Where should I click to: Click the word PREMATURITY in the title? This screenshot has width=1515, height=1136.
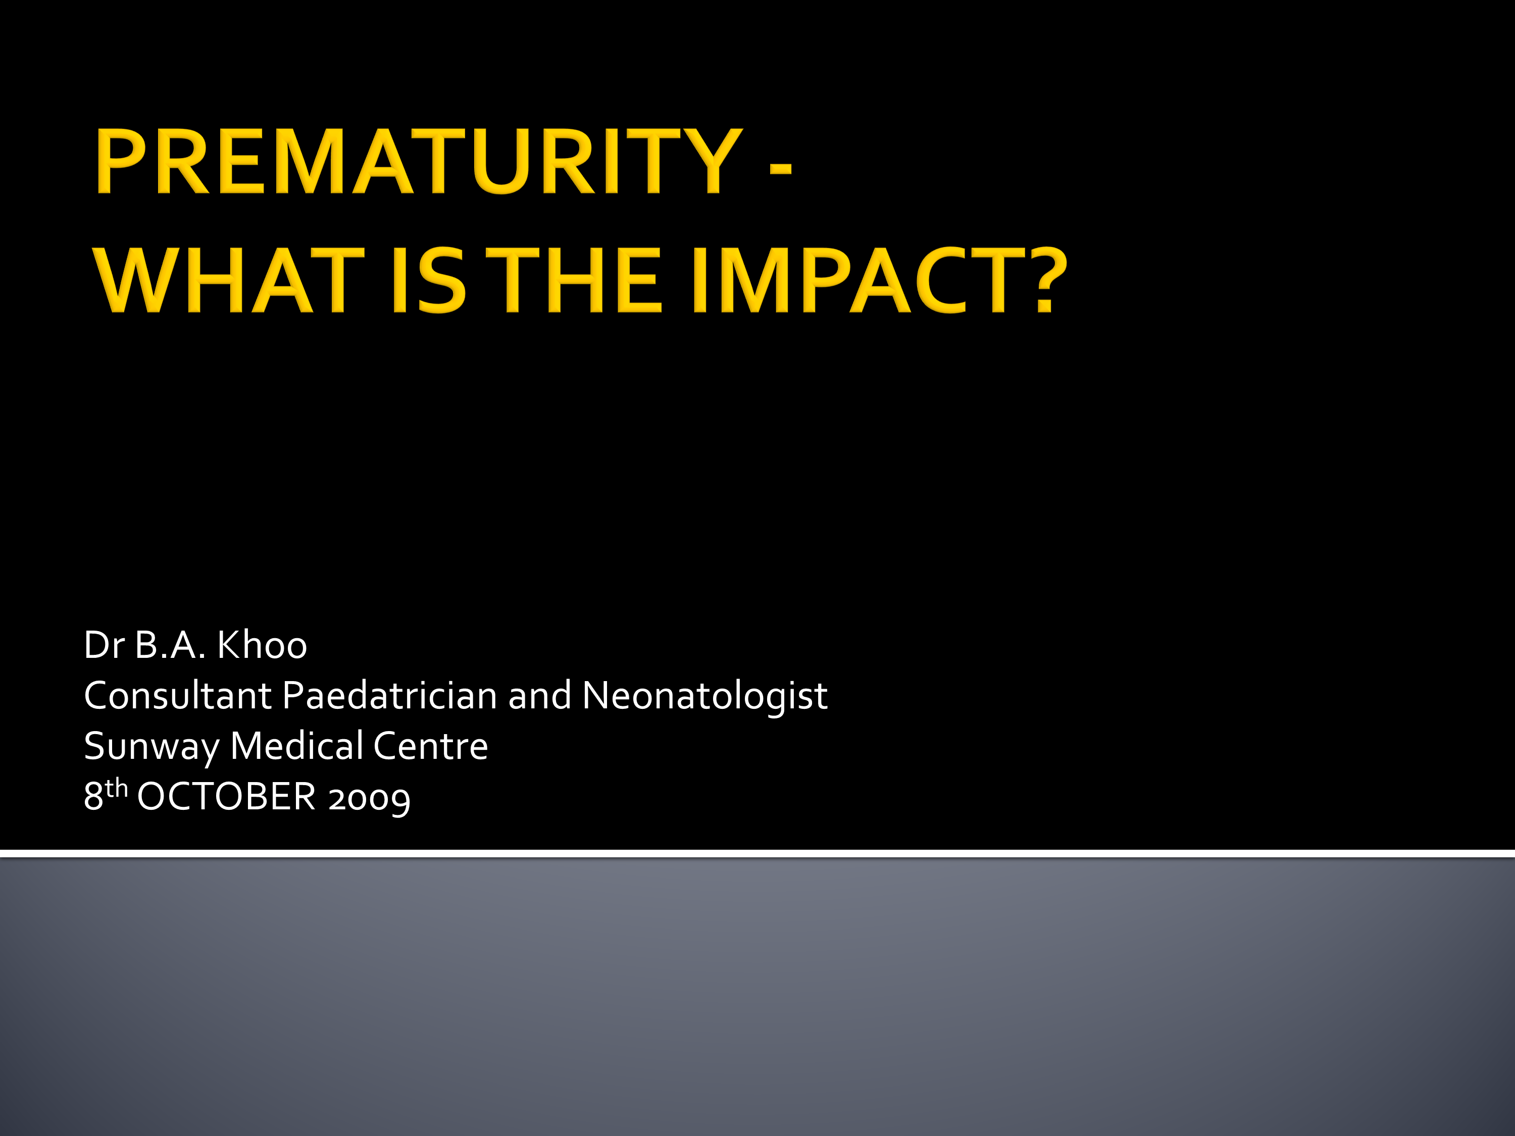418,162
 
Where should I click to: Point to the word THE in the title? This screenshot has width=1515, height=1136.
579,281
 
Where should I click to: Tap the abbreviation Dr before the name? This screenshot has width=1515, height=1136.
104,645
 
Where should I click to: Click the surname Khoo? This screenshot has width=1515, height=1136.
262,645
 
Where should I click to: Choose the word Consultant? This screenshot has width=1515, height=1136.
177,696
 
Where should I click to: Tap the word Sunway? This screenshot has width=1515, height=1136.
150,746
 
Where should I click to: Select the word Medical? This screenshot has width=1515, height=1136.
296,746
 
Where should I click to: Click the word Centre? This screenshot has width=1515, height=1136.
430,746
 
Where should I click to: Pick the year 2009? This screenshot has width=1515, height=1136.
369,798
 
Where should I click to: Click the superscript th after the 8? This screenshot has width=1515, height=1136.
117,788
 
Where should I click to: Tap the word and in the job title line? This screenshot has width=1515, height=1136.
539,696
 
